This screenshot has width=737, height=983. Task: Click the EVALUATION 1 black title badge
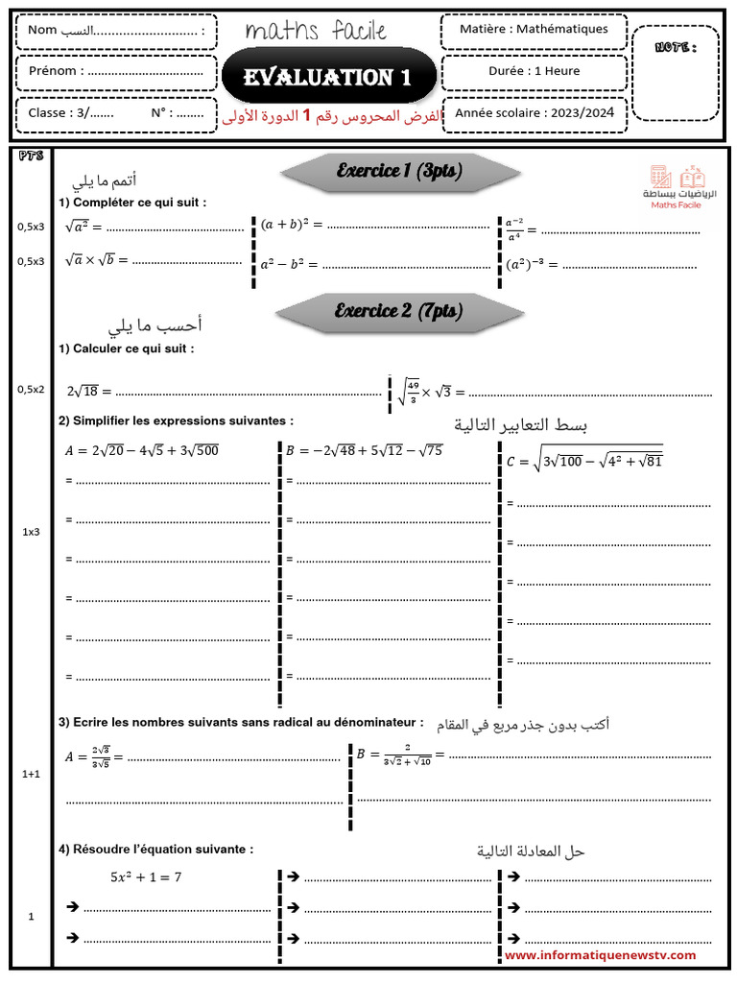(x=327, y=77)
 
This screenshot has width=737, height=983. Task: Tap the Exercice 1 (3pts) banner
(x=399, y=171)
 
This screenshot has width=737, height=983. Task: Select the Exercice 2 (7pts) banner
(x=398, y=311)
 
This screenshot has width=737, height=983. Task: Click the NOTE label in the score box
(x=675, y=47)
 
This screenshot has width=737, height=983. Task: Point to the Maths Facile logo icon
(x=678, y=178)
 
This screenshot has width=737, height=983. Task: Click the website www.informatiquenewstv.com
(x=600, y=955)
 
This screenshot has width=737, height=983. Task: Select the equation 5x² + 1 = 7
(x=146, y=876)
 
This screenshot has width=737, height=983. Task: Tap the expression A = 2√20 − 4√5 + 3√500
(x=141, y=450)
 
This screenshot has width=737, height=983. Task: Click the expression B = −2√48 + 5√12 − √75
(x=364, y=449)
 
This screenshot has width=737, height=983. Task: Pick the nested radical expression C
(x=584, y=460)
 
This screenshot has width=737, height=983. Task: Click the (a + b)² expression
(x=292, y=225)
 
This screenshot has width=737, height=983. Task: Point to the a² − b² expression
(x=289, y=263)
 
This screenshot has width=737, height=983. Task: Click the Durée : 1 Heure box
(x=534, y=71)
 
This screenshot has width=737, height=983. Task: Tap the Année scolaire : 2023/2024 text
(x=535, y=113)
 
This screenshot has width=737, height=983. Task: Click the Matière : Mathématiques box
(x=534, y=29)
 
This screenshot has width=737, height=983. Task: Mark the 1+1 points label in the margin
(x=31, y=773)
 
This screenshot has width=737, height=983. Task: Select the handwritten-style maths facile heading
(x=316, y=32)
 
